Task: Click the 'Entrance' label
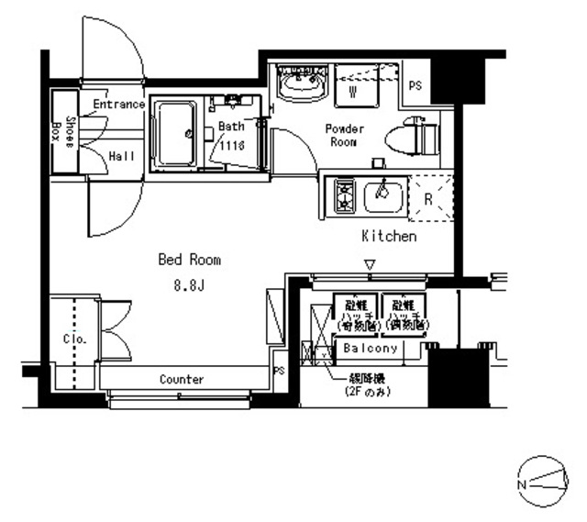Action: tap(118, 104)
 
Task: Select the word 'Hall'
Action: tap(121, 156)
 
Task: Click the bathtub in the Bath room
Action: tap(174, 134)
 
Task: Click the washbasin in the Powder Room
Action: tap(302, 85)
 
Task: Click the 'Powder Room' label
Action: tap(345, 136)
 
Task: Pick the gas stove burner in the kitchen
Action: tap(345, 195)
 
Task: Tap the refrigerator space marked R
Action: tap(428, 196)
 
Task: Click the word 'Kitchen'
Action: tap(389, 237)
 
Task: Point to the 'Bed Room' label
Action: tap(189, 260)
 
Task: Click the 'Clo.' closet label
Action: tap(74, 339)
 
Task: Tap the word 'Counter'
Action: tap(182, 379)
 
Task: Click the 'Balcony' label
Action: tap(371, 349)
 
